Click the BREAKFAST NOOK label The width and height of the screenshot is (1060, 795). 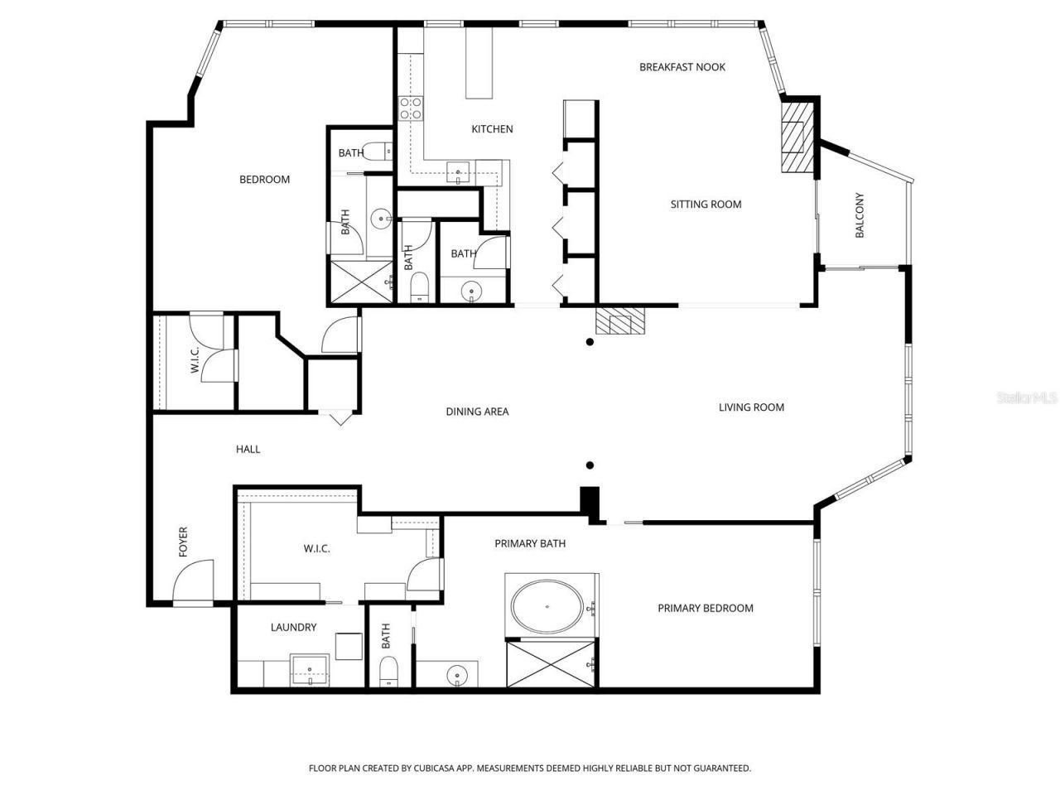coord(682,67)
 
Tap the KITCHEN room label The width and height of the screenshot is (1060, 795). coord(492,129)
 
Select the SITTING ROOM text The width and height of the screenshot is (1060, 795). coord(706,205)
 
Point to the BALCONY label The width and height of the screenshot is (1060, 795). coord(859,216)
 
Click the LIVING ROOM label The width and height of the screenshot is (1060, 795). coord(751,407)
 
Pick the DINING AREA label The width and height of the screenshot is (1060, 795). coord(477,412)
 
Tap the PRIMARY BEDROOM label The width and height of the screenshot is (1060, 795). coord(705,609)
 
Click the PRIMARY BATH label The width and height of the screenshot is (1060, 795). coord(530,544)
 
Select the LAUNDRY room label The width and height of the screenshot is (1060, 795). coord(293,628)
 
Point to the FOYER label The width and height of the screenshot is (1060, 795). coord(183,542)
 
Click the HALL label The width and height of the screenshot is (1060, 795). coord(248,450)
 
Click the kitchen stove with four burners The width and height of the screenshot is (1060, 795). coord(411,108)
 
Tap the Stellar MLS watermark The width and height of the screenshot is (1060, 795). coord(1027,398)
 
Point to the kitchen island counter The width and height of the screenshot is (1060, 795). coord(479,63)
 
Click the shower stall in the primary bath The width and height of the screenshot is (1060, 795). coord(552,664)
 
